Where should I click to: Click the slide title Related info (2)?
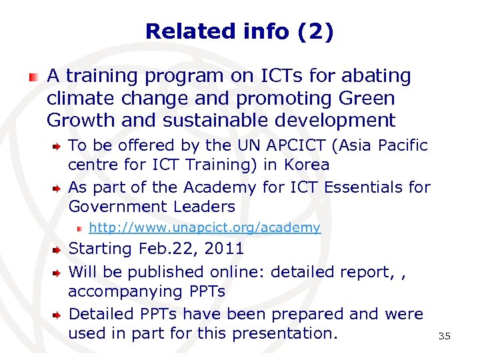coord(239,31)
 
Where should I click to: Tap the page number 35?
coord(445,336)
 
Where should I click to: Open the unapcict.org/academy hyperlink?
coord(205,228)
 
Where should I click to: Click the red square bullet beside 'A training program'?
coord(33,77)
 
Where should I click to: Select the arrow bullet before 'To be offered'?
coord(58,145)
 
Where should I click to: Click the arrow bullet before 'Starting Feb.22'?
coord(58,250)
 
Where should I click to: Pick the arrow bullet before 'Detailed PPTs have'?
coord(58,314)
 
